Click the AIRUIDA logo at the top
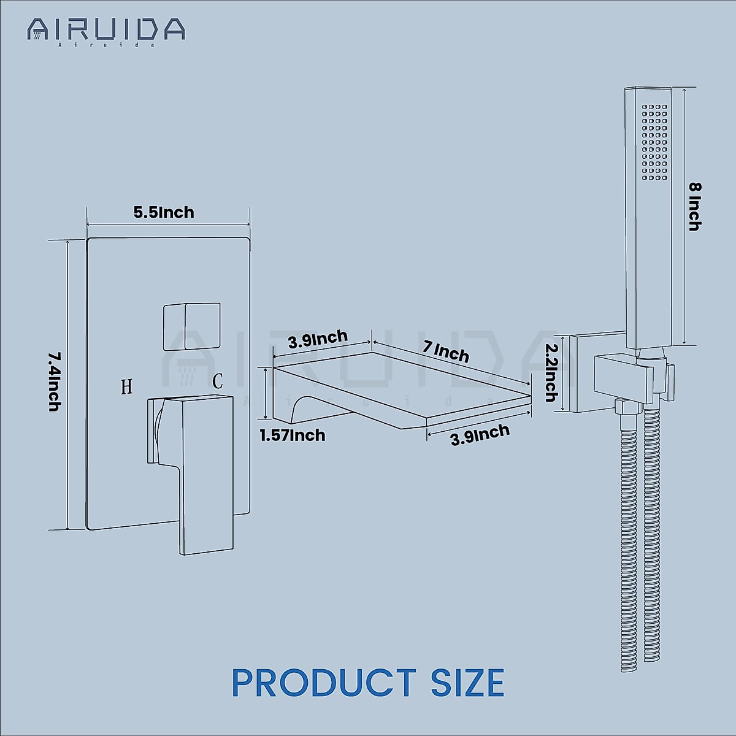coord(105,29)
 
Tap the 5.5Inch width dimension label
coord(164,212)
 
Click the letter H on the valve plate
coord(126,386)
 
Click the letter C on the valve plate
coord(218,381)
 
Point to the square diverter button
coord(191,326)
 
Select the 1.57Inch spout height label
coord(292,435)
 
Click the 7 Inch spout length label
coord(446,352)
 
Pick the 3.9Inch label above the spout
coord(318,340)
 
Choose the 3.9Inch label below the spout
coord(480,435)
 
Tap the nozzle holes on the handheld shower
coord(654,141)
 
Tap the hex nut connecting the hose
coord(622,407)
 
